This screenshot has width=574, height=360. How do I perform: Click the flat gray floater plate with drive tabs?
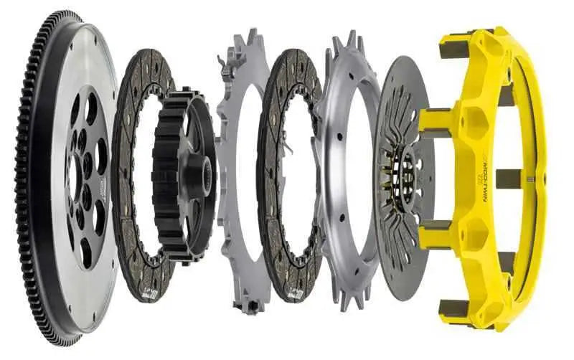click(x=230, y=237)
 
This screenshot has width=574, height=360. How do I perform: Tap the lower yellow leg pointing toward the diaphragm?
click(x=439, y=233)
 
